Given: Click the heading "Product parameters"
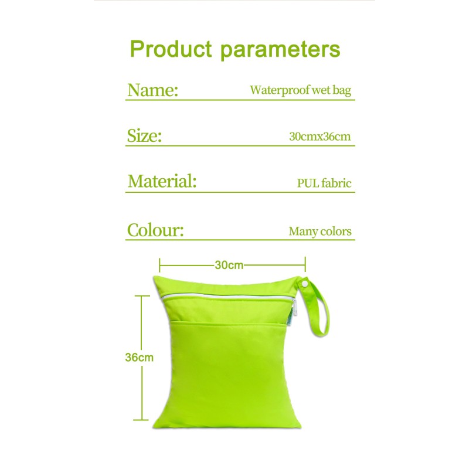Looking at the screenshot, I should [235, 49].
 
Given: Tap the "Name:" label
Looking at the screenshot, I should [152, 90].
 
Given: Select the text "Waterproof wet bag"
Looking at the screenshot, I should [301, 90].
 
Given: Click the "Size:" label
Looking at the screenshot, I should [144, 137].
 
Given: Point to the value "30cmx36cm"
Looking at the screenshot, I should [320, 137].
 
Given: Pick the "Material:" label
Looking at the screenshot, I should [162, 182].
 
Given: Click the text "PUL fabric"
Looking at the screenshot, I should [324, 183].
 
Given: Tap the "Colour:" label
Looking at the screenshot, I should [155, 230].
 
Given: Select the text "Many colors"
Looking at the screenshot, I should [320, 231].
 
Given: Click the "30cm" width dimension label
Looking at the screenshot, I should [229, 265].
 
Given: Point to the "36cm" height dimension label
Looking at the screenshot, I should [140, 357].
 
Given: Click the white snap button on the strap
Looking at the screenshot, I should [305, 284].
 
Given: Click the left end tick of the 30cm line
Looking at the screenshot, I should [160, 265].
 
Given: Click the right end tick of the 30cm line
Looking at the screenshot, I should [305, 265].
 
